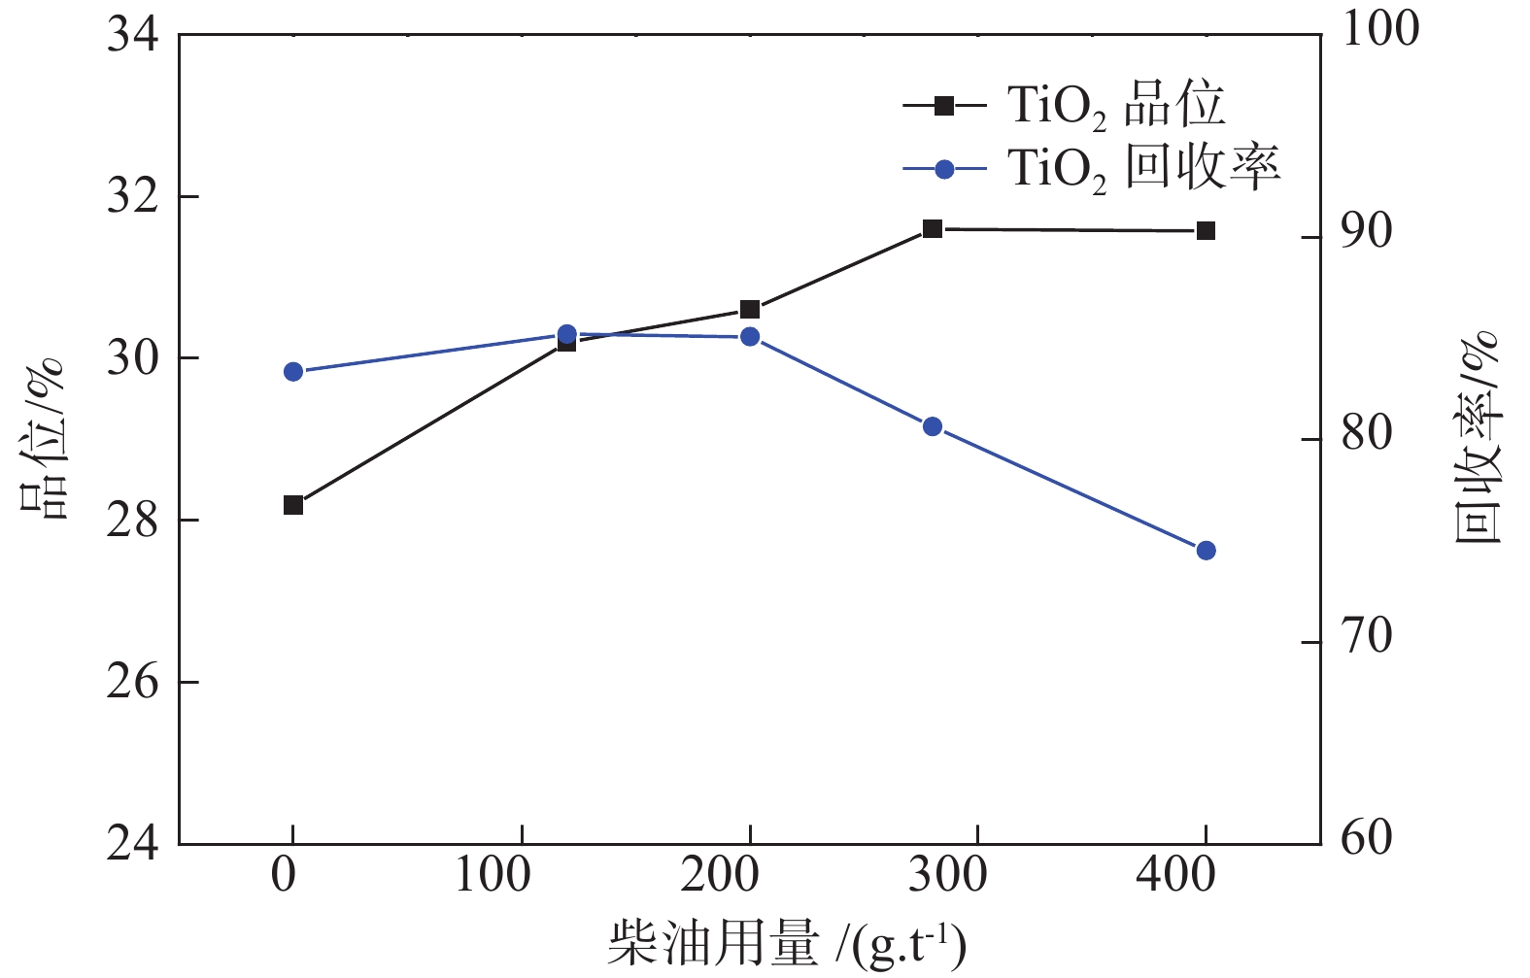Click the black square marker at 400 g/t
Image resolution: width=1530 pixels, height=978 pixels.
1206,230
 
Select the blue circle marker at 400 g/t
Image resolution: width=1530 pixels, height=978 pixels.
1206,551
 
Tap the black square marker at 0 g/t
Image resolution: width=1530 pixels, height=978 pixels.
293,505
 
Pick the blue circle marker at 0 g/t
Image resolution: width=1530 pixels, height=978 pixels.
293,372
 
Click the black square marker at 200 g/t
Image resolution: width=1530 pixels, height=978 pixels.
750,310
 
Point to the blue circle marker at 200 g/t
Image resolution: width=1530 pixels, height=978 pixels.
750,337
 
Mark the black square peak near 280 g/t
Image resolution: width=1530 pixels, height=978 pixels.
933,229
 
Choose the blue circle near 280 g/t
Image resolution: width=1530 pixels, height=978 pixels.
933,426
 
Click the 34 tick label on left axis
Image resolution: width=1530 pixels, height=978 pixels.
133,36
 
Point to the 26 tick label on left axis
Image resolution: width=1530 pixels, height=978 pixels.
133,683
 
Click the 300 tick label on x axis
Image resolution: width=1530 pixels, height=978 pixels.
947,875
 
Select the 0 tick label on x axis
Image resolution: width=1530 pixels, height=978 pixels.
284,875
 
